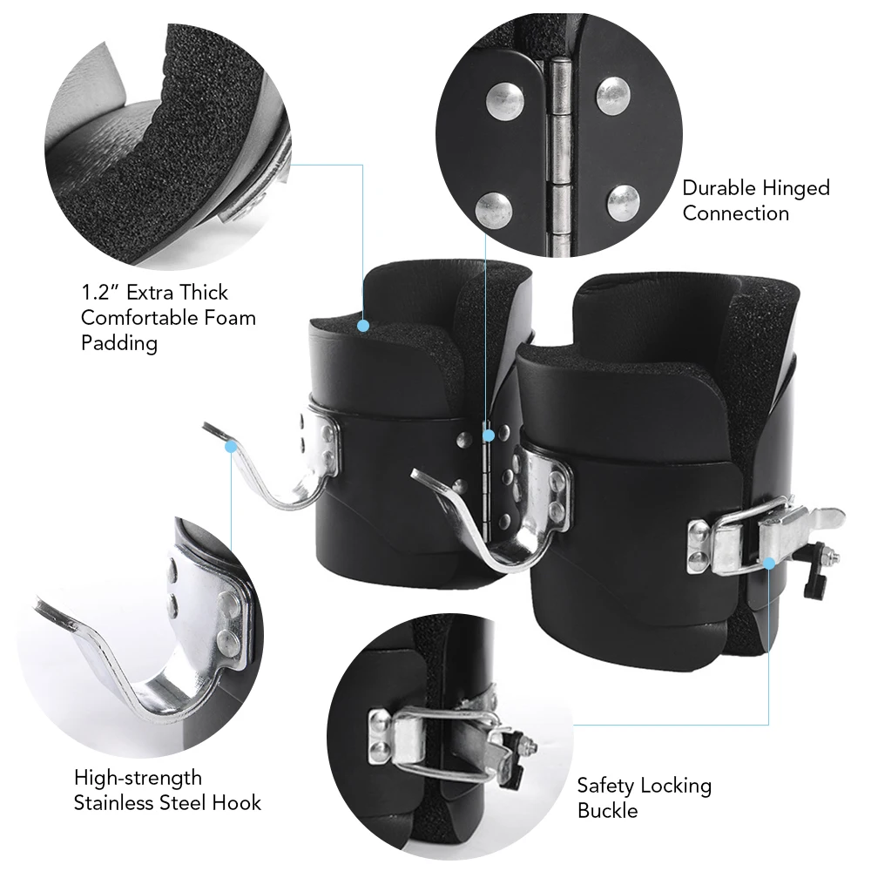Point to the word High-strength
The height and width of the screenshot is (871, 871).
[138, 777]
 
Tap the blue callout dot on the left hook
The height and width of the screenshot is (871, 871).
[231, 446]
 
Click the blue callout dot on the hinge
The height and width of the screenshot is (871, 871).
[488, 433]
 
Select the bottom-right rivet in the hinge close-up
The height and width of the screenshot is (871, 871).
[623, 201]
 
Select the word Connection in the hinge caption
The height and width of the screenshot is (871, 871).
[735, 213]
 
